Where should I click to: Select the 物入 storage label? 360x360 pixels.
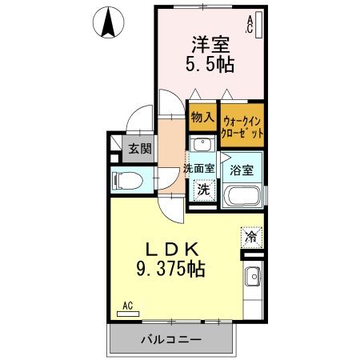point(202,117)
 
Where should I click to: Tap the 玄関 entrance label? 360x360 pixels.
point(141,148)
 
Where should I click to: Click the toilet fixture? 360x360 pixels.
point(126,179)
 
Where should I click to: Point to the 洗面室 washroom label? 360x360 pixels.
point(198,168)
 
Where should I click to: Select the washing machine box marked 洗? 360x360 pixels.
point(204,190)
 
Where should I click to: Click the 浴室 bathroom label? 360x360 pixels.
point(242,170)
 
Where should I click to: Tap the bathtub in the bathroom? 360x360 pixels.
point(241,196)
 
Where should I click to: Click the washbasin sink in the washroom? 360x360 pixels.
point(202,145)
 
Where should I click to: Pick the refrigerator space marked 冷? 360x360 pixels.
point(251,238)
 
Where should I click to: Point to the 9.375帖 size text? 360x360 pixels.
point(169,270)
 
